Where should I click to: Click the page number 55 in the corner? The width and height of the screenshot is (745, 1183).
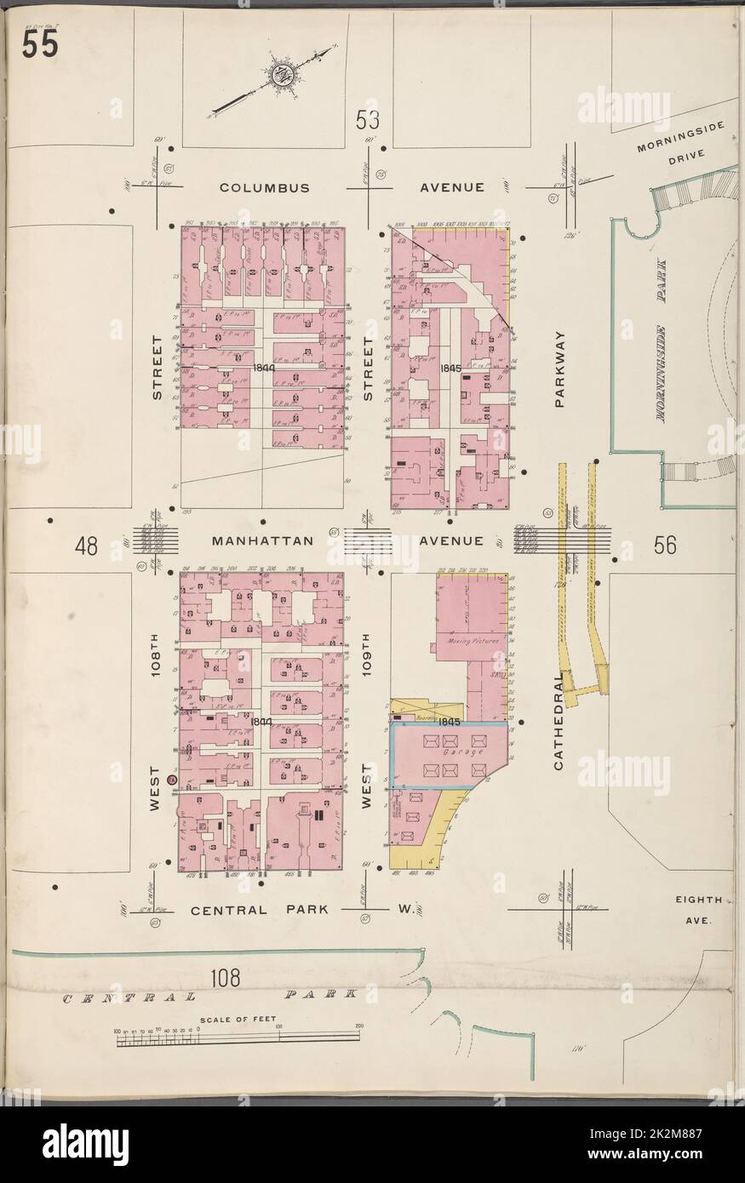tap(39, 46)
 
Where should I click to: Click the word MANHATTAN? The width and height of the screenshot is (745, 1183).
tap(252, 540)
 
